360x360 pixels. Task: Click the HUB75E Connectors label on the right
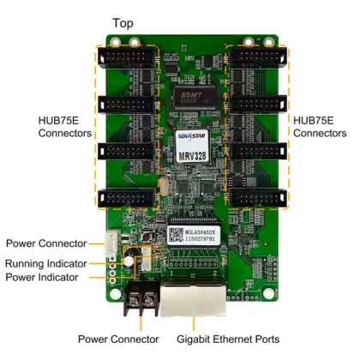(x=320, y=127)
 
